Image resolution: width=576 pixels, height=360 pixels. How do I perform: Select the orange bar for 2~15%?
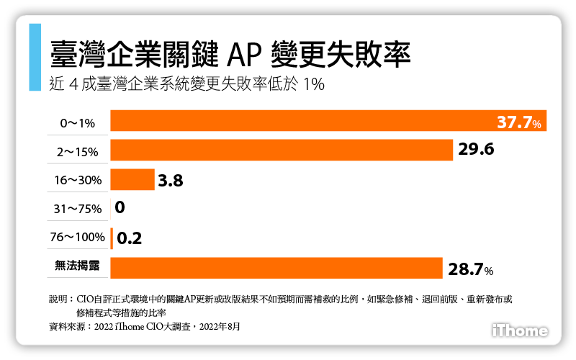coord(281,150)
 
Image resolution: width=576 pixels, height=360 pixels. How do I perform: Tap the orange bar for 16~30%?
coord(132,179)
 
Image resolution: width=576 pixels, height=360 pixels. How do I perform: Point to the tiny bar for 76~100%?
coord(112,238)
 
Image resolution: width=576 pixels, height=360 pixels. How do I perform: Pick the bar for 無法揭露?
coord(276,268)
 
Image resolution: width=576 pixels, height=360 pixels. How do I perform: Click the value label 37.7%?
coord(519,123)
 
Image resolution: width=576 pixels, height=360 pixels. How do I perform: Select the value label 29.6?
coord(475,150)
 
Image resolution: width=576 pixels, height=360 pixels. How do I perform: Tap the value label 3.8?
coord(171,180)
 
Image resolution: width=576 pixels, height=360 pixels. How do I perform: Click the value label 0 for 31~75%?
coord(120,209)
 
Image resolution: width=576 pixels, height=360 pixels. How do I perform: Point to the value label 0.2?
coord(130,238)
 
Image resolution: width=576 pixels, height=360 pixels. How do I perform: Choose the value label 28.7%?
coord(470,269)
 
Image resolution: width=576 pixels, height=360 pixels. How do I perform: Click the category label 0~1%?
coord(77,123)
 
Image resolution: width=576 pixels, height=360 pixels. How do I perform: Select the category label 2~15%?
coord(76,152)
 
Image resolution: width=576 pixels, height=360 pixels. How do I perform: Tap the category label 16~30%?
coord(77,181)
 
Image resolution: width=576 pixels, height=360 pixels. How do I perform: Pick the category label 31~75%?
coord(77,210)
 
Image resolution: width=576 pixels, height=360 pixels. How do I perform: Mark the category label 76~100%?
coord(77,238)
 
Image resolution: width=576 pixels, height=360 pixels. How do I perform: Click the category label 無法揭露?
coord(77,266)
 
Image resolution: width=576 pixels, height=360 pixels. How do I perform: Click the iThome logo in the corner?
coord(519,330)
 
